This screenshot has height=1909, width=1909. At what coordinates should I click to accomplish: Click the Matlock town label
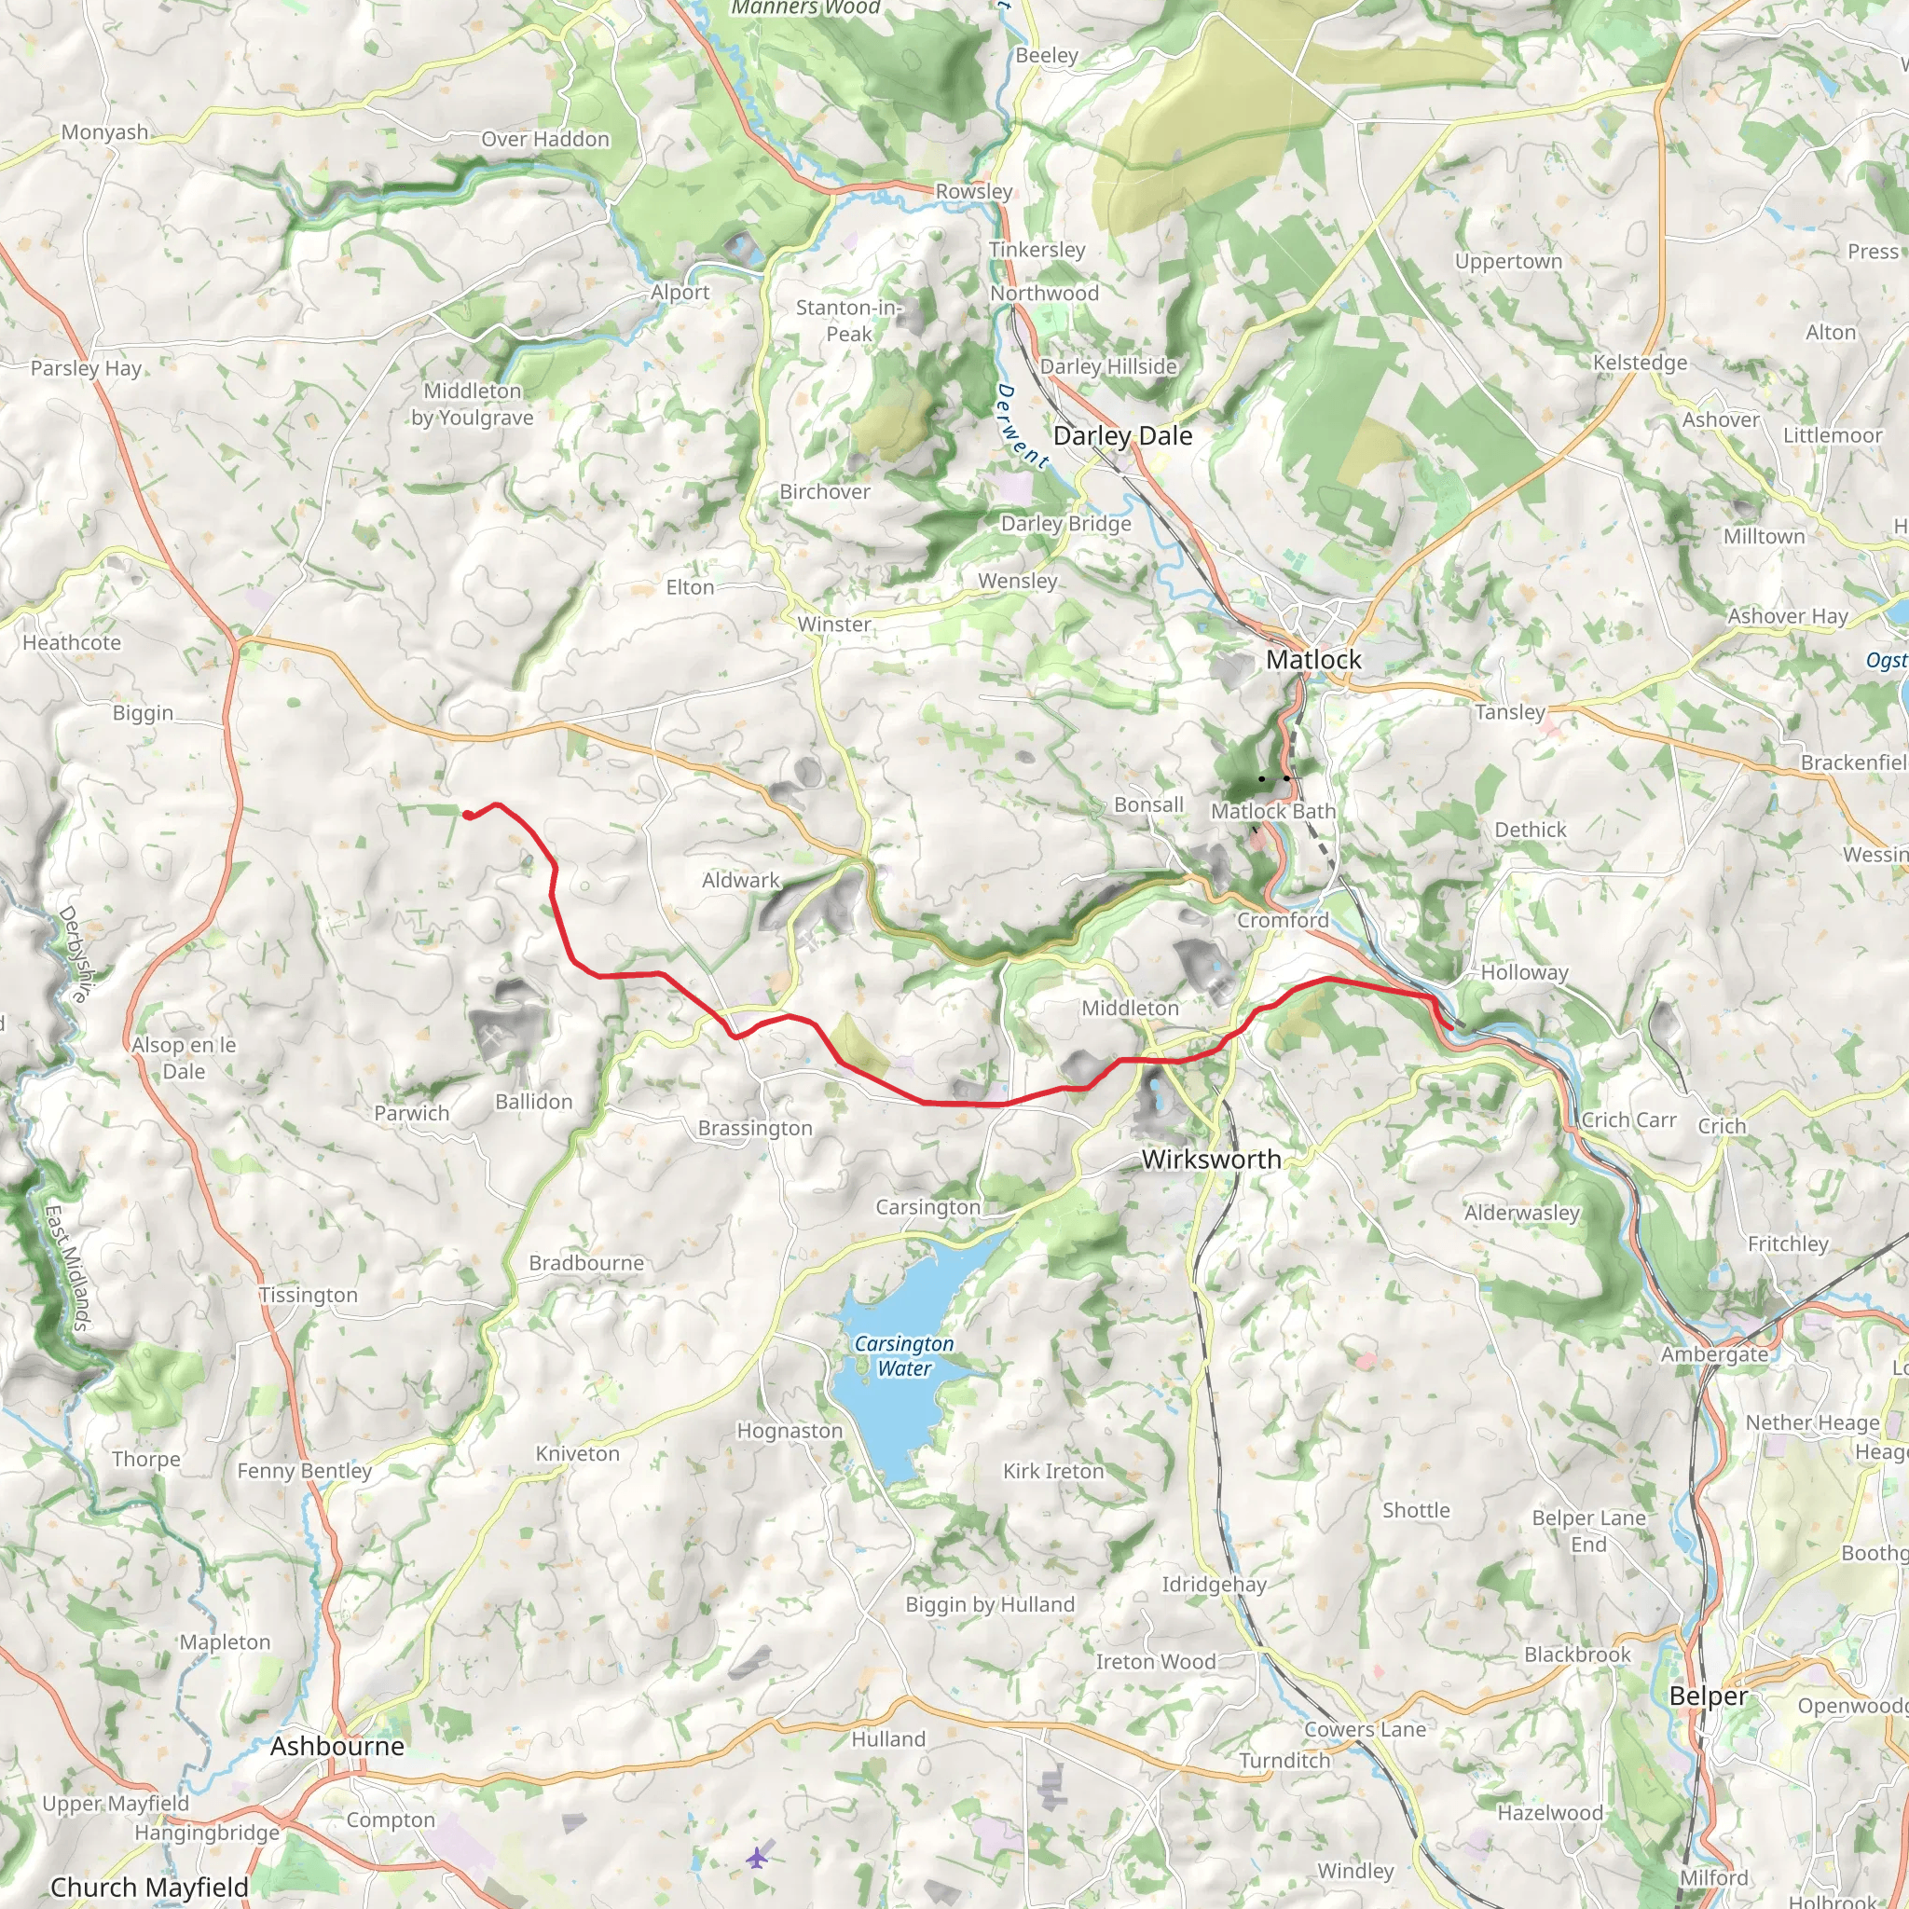pyautogui.click(x=1313, y=659)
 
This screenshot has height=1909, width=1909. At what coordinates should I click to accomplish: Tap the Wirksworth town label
pyautogui.click(x=1211, y=1159)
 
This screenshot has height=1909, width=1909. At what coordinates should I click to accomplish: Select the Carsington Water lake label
pyautogui.click(x=904, y=1355)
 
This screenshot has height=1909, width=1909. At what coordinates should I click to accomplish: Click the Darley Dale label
pyautogui.click(x=1122, y=435)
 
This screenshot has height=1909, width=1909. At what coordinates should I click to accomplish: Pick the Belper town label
pyautogui.click(x=1708, y=1696)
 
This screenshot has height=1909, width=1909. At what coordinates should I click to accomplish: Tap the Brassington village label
pyautogui.click(x=755, y=1129)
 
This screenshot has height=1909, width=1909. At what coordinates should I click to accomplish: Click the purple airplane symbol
pyautogui.click(x=757, y=1857)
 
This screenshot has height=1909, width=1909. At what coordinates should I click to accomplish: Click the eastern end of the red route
pyautogui.click(x=1449, y=1027)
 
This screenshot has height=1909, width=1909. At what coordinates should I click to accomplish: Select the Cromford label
pyautogui.click(x=1283, y=920)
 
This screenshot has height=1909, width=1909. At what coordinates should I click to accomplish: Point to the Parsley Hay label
pyautogui.click(x=86, y=368)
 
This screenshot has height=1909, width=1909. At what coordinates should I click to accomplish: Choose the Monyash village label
pyautogui.click(x=104, y=132)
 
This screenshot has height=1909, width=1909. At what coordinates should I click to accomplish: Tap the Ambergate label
pyautogui.click(x=1714, y=1354)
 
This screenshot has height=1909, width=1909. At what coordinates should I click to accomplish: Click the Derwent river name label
pyautogui.click(x=1021, y=426)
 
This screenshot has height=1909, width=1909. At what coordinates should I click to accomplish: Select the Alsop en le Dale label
pyautogui.click(x=184, y=1058)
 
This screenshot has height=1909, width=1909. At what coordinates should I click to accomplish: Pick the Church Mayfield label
pyautogui.click(x=149, y=1888)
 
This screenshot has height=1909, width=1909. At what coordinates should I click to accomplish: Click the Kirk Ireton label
pyautogui.click(x=1053, y=1471)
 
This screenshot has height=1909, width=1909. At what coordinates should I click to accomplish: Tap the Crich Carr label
pyautogui.click(x=1628, y=1120)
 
